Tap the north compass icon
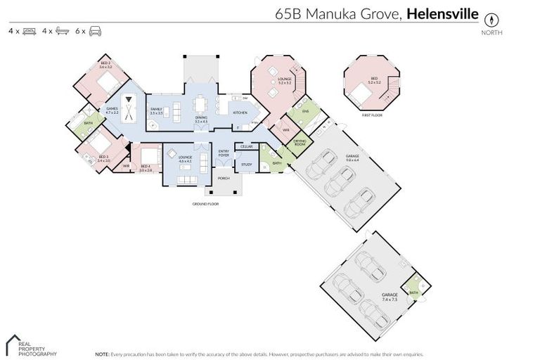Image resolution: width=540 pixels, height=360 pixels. pyautogui.click(x=491, y=20)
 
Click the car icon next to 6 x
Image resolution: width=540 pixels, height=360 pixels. pyautogui.click(x=96, y=32)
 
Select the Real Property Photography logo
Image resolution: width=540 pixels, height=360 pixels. pyautogui.click(x=32, y=345)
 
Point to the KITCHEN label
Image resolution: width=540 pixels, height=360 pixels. pyautogui.click(x=240, y=112)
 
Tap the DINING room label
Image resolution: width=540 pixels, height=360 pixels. pyautogui.click(x=201, y=120)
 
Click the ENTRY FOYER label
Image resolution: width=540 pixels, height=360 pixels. pyautogui.click(x=224, y=153)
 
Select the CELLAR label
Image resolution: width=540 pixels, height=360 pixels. pyautogui.click(x=246, y=146)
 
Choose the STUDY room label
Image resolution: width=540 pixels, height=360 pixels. pyautogui.click(x=246, y=165)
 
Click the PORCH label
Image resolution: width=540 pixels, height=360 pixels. pyautogui.click(x=224, y=178)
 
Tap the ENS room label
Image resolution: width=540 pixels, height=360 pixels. pyautogui.click(x=305, y=111)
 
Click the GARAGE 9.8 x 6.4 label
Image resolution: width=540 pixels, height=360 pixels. pyautogui.click(x=352, y=158)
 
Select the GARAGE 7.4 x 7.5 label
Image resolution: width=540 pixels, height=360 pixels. pyautogui.click(x=389, y=297)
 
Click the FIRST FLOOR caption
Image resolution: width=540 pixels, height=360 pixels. pyautogui.click(x=371, y=115)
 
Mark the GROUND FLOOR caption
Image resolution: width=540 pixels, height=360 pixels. pyautogui.click(x=206, y=204)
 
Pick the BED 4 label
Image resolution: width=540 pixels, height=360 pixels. pyautogui.click(x=146, y=167)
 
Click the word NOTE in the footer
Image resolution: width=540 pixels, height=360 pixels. pyautogui.click(x=101, y=354)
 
